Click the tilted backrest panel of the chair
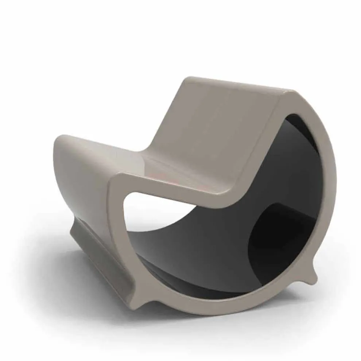219,120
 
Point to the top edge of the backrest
237,82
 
